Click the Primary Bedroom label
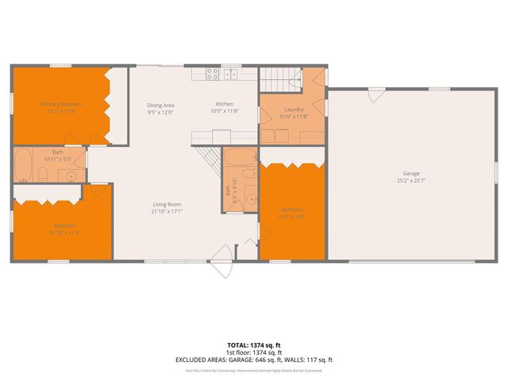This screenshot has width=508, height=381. coord(61,104)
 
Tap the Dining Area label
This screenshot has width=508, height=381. coord(160,105)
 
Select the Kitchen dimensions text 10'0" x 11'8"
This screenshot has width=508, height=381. coord(225,112)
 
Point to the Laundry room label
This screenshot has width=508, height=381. coord(294,110)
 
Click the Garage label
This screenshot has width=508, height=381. coord(410,173)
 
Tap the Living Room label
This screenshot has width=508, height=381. coord(167,205)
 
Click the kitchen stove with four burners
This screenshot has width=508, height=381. coord(214,74)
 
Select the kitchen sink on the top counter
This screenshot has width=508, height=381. coord(231,74)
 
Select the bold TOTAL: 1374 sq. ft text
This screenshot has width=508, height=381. coord(253,344)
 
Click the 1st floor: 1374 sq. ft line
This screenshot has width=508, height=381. coord(253,352)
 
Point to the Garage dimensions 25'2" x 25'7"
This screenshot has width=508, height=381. coord(410,180)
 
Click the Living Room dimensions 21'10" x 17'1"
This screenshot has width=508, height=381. coord(167,212)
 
